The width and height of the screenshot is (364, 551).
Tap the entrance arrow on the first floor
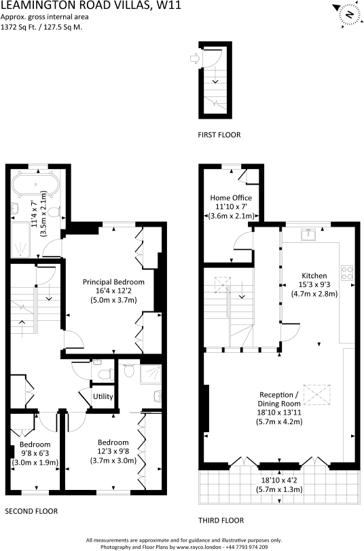[x=195, y=58]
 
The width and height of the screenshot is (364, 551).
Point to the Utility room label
[x=103, y=396]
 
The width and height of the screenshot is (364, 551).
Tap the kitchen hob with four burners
[x=347, y=273]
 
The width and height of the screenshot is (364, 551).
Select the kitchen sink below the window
[x=308, y=234]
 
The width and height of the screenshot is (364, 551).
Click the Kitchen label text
[x=314, y=275]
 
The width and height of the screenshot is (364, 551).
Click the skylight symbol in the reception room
[x=317, y=396]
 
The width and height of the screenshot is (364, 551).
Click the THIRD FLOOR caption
[x=221, y=520]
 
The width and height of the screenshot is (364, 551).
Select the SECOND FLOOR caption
[x=31, y=511]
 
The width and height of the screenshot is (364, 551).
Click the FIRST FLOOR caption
[x=219, y=135]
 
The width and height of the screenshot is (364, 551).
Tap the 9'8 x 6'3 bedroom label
[x=35, y=453]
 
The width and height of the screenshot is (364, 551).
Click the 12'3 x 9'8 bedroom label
[x=113, y=451]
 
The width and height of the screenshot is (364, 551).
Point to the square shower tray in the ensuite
[x=151, y=375]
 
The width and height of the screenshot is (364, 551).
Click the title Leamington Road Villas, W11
[x=91, y=5]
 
